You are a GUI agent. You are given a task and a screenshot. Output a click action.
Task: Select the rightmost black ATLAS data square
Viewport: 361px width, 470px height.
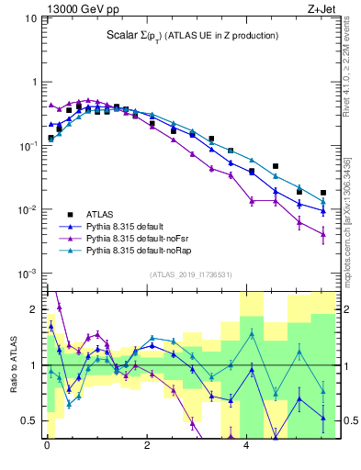click(323, 193)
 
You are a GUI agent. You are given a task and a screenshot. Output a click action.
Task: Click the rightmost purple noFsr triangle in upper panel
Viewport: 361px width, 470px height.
click(323, 234)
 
